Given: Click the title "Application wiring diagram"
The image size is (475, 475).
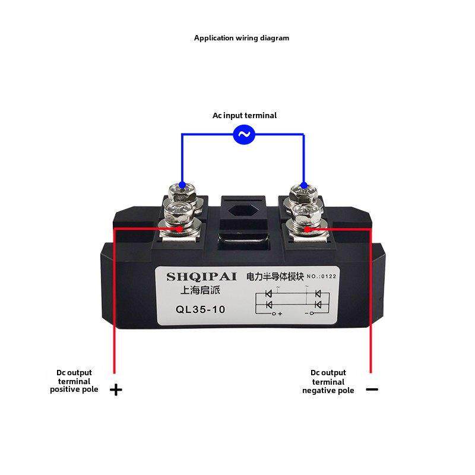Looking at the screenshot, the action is [242, 38].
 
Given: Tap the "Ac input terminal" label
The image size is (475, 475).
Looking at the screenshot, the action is [245, 116].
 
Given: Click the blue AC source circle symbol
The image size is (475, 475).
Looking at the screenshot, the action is [244, 135].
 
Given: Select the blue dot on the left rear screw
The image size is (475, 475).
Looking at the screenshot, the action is [182, 185].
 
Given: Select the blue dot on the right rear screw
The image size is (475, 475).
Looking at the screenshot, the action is [304, 185].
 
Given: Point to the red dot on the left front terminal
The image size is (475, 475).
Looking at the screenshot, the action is [180, 228].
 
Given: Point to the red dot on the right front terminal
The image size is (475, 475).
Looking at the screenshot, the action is [306, 228].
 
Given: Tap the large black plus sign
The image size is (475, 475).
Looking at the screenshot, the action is [116, 390].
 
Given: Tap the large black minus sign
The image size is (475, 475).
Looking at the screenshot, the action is [372, 389].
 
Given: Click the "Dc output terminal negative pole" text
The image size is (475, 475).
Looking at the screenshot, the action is [328, 381].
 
